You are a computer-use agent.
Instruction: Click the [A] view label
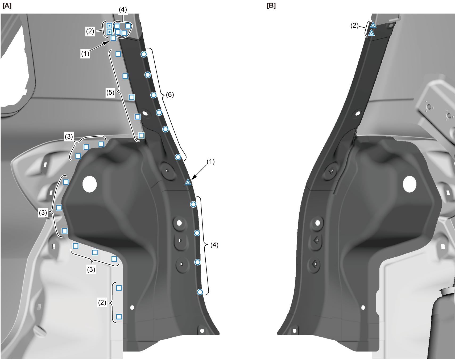point(7,6)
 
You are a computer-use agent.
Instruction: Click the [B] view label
point(271,6)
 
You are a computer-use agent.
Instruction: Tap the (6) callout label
point(170,94)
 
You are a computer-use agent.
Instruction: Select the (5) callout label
point(110,93)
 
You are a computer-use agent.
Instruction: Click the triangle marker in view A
point(188,182)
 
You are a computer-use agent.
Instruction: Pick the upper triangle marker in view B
point(373,25)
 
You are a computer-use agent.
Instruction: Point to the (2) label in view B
point(354,26)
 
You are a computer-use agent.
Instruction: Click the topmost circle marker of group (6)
point(144,54)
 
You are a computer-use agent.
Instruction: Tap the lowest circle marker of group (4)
point(200,292)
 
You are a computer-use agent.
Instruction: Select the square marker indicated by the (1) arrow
point(113,38)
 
